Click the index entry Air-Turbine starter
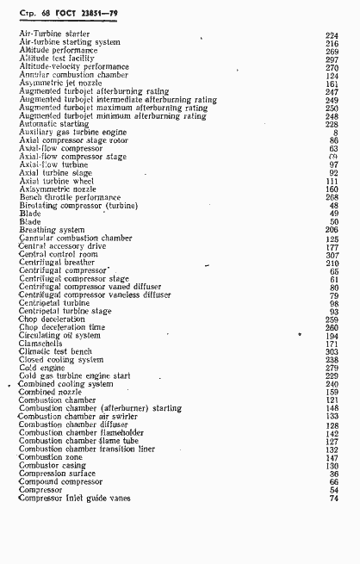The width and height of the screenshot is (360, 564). (x=54, y=34)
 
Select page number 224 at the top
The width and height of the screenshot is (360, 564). (x=332, y=34)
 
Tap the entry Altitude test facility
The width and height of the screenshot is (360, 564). (x=57, y=59)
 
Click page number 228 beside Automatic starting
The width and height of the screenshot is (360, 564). (x=332, y=124)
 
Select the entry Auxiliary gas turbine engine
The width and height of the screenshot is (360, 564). (x=66, y=133)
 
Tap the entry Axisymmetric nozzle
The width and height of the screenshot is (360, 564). (x=58, y=189)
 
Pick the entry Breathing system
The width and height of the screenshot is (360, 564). (x=52, y=230)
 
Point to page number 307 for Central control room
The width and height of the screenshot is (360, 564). (x=332, y=255)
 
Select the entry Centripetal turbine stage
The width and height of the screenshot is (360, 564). (x=65, y=311)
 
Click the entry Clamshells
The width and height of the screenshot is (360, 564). (x=40, y=344)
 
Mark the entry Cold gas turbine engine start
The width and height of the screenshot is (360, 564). (x=74, y=375)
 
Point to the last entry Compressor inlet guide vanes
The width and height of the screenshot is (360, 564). (x=77, y=498)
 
